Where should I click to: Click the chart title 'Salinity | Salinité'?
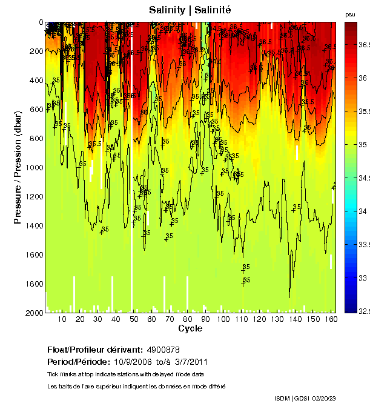point(190,10)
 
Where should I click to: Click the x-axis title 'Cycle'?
point(190,329)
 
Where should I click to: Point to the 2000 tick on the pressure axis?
point(36,313)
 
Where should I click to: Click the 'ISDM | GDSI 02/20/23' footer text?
point(305,398)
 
